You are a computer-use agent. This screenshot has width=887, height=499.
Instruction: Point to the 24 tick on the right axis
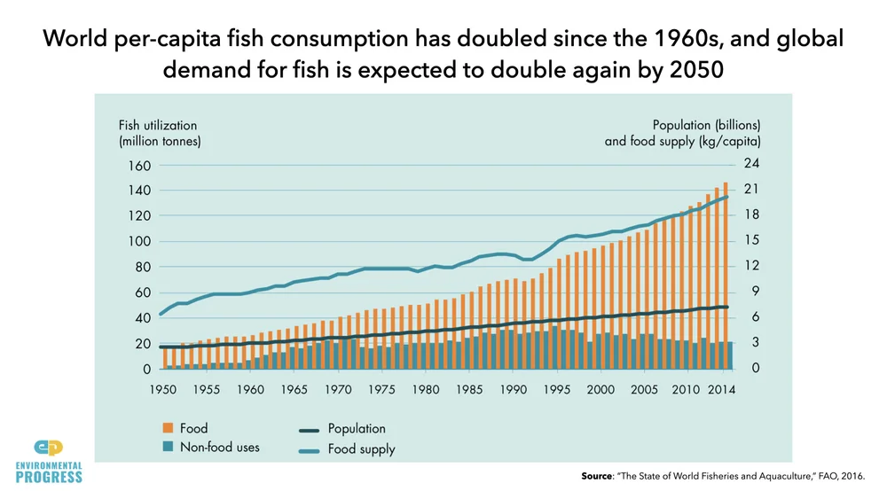pyautogui.click(x=750, y=164)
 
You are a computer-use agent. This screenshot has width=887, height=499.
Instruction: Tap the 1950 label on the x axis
pyautogui.click(x=163, y=389)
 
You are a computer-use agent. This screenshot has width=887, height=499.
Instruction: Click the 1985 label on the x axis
pyautogui.click(x=469, y=389)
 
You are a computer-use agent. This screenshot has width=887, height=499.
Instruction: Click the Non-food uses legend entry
pyautogui.click(x=219, y=448)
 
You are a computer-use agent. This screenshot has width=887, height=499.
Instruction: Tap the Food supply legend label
pyautogui.click(x=361, y=448)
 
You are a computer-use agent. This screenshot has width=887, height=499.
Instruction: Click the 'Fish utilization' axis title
pyautogui.click(x=158, y=126)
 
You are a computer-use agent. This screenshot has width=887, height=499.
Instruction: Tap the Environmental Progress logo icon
pyautogui.click(x=50, y=447)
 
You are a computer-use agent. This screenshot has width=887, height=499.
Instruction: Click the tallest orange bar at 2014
pyautogui.click(x=726, y=275)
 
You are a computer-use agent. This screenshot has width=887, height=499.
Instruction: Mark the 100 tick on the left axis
pyautogui.click(x=140, y=242)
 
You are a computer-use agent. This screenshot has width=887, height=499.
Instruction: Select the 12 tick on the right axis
pyautogui.click(x=750, y=266)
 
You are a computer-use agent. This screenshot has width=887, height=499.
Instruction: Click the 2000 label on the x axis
pyautogui.click(x=600, y=389)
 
